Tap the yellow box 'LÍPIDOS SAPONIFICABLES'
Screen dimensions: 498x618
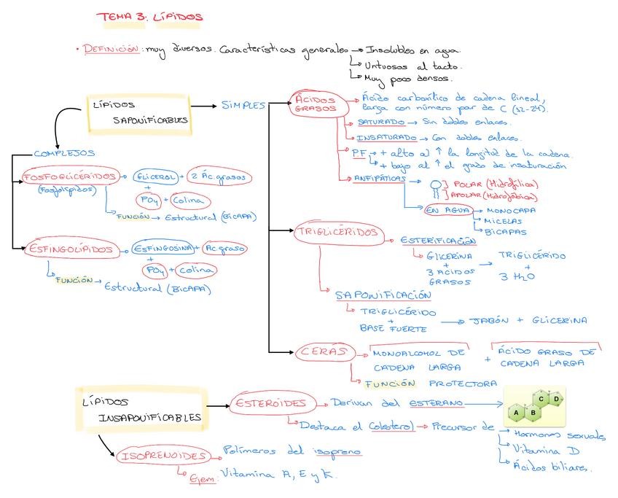[x=140, y=112]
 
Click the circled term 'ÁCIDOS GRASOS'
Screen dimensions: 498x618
[x=316, y=104]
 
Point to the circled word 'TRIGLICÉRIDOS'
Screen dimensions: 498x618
[x=337, y=233]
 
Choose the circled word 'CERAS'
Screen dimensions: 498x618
[x=322, y=352]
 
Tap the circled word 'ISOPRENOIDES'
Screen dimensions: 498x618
[x=163, y=456]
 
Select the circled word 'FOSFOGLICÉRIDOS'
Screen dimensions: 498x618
[x=70, y=177]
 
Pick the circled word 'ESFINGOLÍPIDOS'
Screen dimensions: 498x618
[x=71, y=250]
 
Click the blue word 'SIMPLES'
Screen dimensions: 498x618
[x=243, y=105]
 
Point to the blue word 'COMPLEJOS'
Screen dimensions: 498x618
[x=65, y=153]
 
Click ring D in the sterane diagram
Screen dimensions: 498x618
[x=556, y=400]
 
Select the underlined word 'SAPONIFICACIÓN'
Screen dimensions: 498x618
[x=383, y=295]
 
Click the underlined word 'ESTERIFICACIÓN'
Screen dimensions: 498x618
[x=438, y=241]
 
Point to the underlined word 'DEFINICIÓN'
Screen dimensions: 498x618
[x=110, y=50]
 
